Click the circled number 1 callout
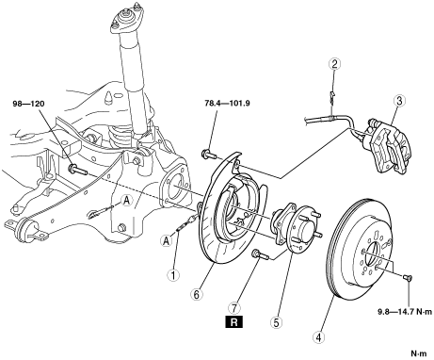(173, 275)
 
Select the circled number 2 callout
(334, 64)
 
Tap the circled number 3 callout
(399, 101)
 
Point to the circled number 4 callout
(319, 337)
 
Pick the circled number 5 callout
(276, 322)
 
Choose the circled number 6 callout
(196, 294)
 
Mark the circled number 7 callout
(234, 306)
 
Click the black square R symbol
(234, 322)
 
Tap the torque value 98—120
(29, 104)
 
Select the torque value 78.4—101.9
(228, 103)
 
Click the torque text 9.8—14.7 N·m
(402, 312)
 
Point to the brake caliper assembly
(388, 145)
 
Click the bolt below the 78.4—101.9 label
(208, 155)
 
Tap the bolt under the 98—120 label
(77, 170)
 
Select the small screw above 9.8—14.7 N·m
(408, 278)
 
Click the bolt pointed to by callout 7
(260, 254)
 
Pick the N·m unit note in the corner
(419, 353)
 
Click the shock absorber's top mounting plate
(126, 21)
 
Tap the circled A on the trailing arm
(126, 200)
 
